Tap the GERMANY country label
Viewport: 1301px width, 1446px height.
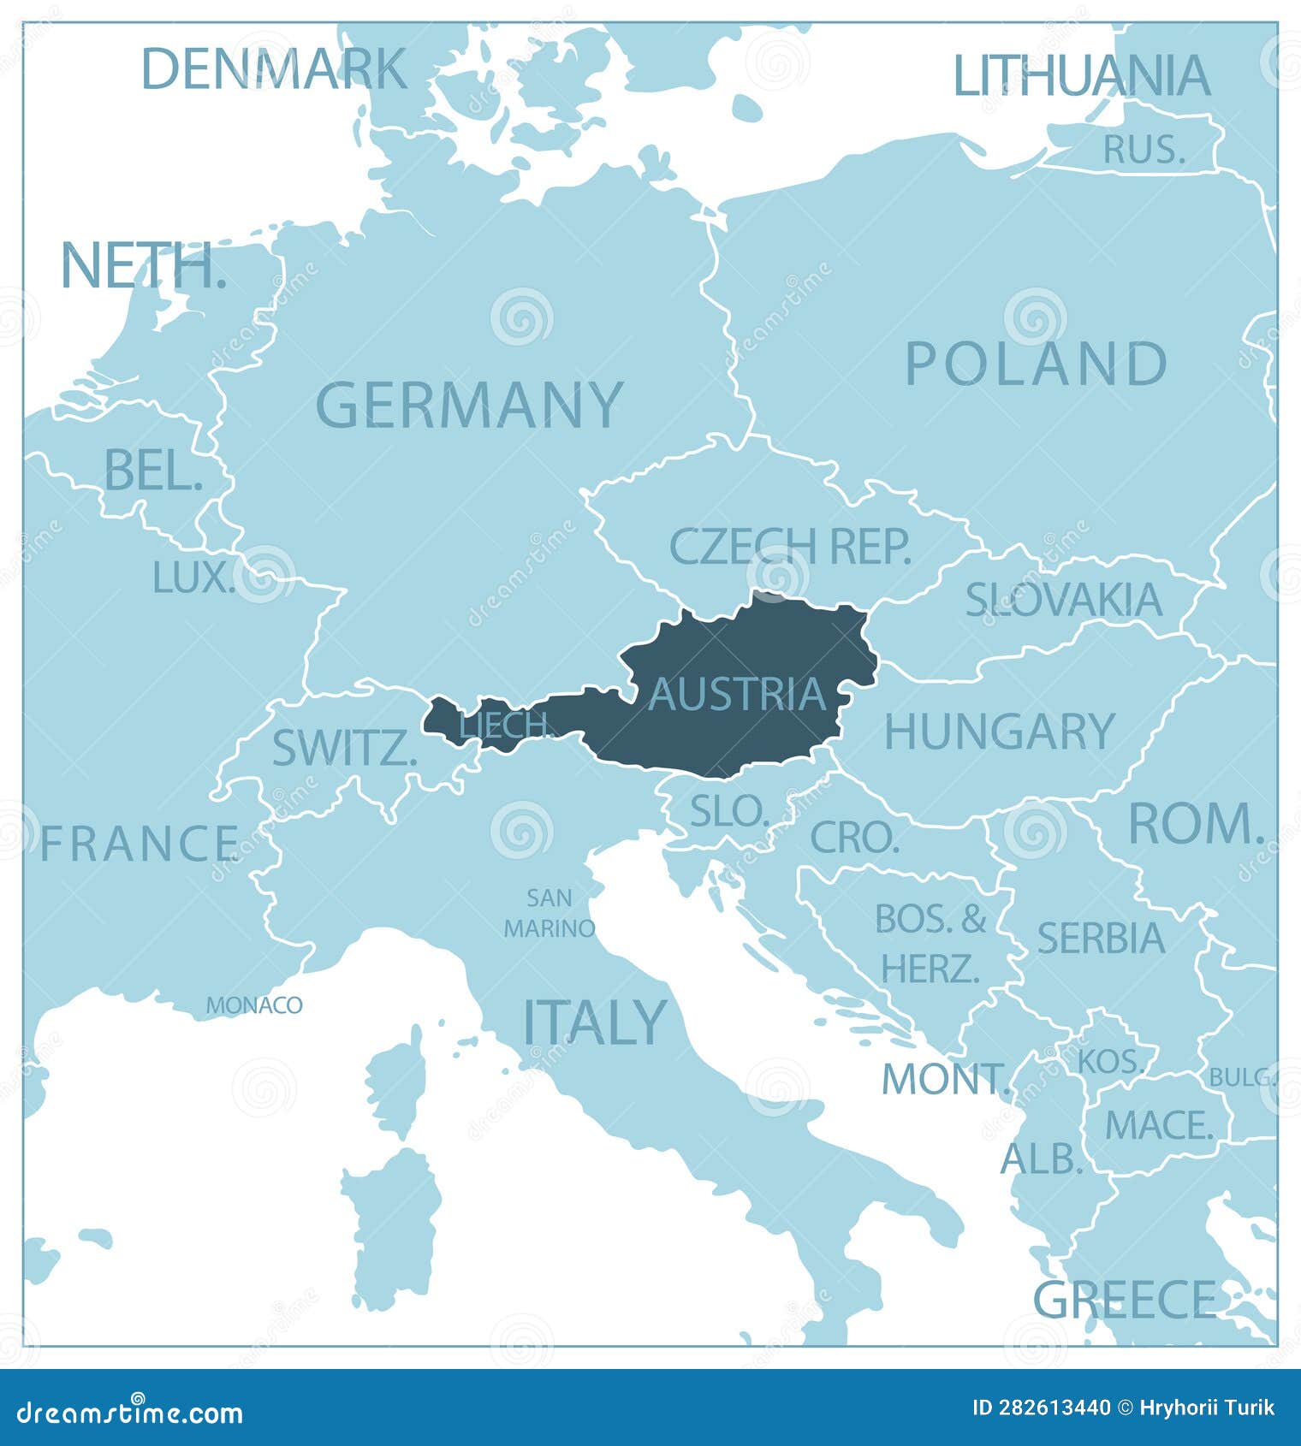[x=470, y=405]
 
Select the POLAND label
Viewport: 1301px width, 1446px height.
[x=1036, y=364]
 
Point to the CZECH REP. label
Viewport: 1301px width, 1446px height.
[x=789, y=546]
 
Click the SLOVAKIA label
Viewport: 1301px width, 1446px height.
[x=1064, y=599]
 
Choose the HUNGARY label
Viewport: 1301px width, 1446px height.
[x=999, y=732]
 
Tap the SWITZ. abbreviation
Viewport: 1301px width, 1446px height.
[x=344, y=749]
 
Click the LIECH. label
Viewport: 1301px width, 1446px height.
[x=507, y=726]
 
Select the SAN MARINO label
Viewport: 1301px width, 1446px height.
[x=550, y=913]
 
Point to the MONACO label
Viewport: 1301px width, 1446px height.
[x=254, y=1004]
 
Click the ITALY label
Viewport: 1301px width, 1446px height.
[x=594, y=1022]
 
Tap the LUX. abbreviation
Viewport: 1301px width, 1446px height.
[x=193, y=578]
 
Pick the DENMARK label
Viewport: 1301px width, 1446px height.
[x=274, y=68]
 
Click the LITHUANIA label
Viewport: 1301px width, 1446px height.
[x=1082, y=75]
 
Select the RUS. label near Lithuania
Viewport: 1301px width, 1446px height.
[x=1144, y=150]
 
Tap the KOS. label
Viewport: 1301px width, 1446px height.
[x=1110, y=1061]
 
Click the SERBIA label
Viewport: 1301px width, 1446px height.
[x=1101, y=938]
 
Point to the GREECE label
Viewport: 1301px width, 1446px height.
[x=1125, y=1300]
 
